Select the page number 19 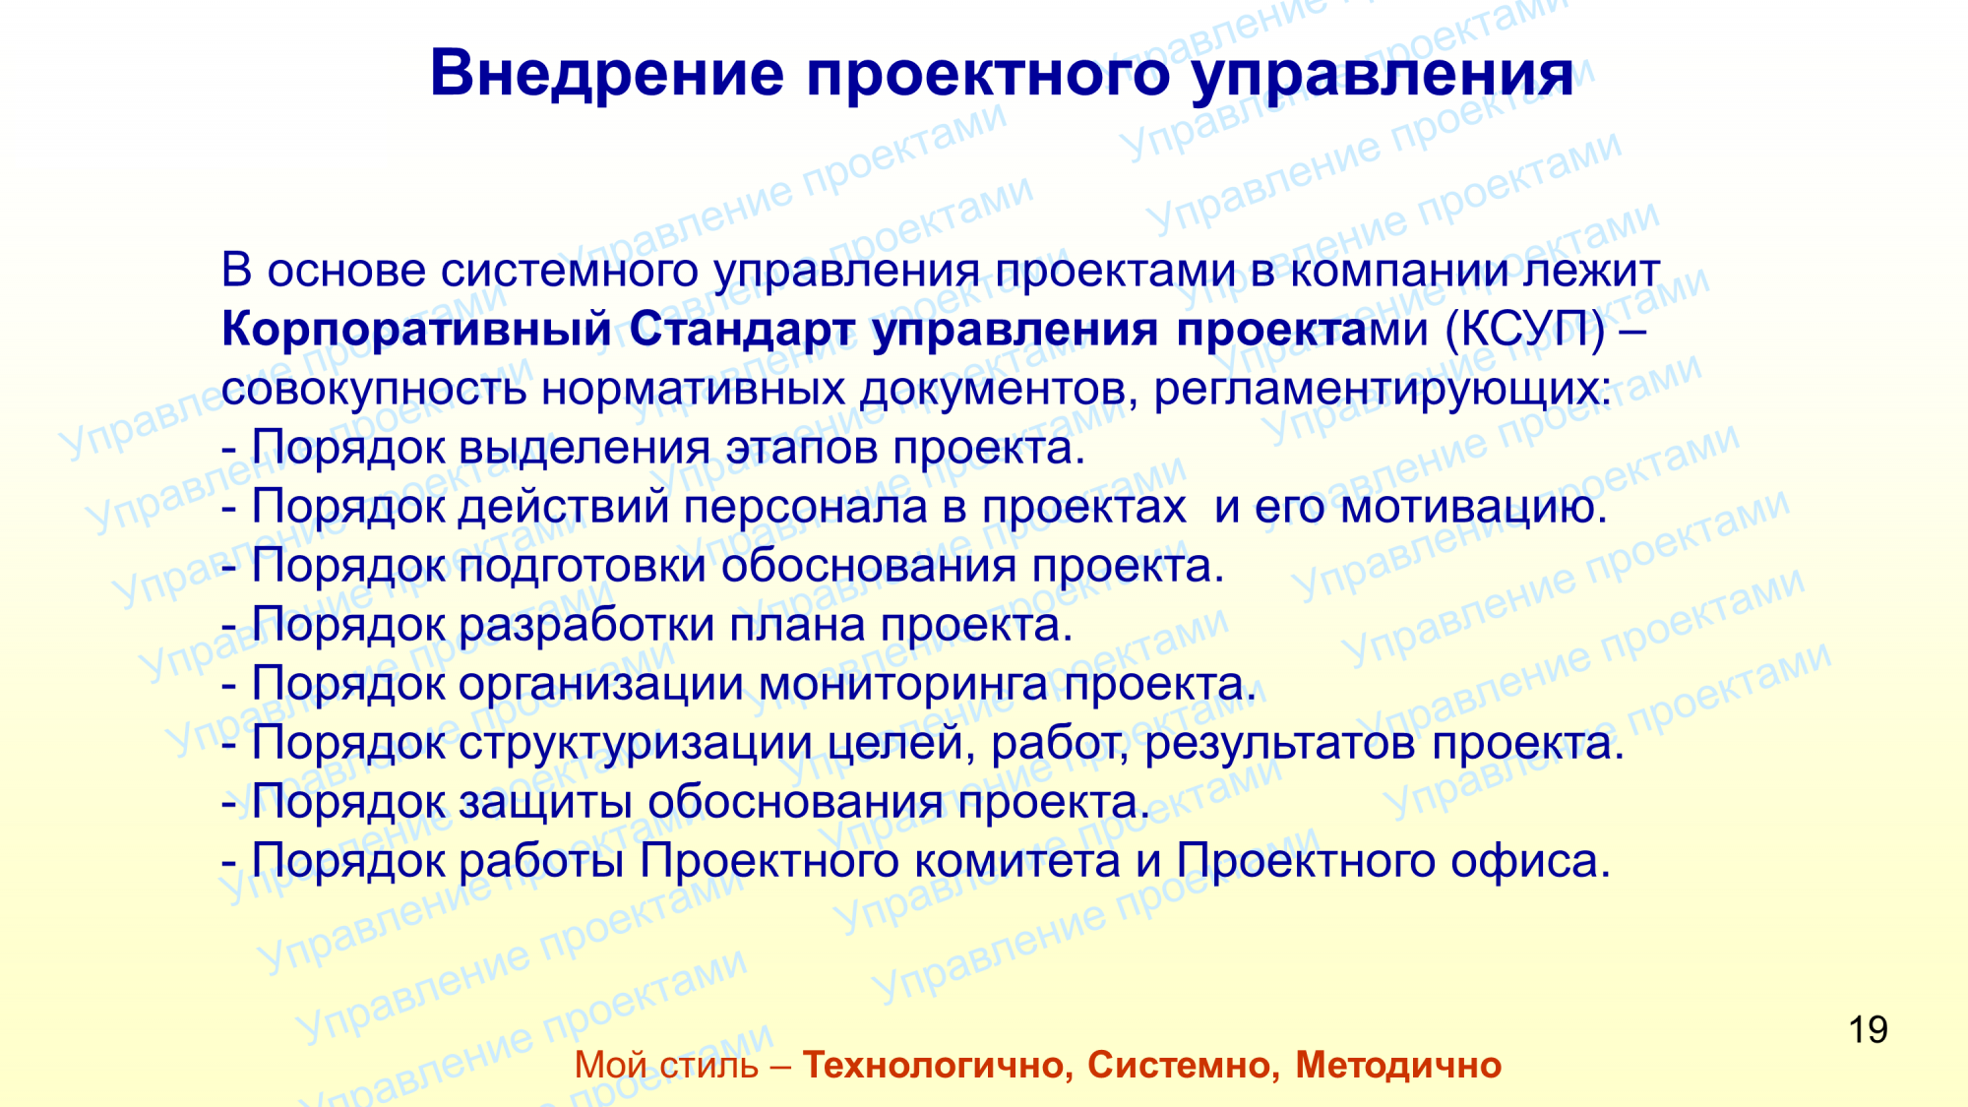[x=1868, y=1030]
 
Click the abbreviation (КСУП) [x=1525, y=330]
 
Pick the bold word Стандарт [x=743, y=330]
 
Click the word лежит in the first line [x=1591, y=271]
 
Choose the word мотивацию [x=1474, y=508]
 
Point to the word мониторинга [x=903, y=684]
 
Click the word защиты [x=545, y=803]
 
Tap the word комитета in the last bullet [x=1017, y=862]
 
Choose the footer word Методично [x=1398, y=1066]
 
